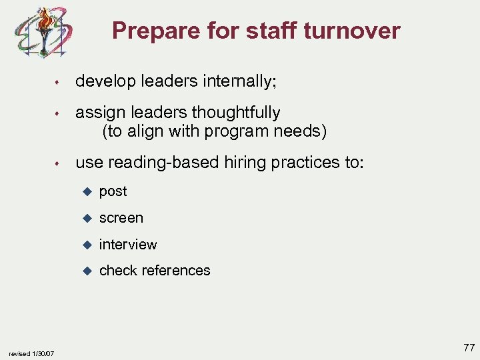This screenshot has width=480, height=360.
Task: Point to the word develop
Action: click(x=104, y=81)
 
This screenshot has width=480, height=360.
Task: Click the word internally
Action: click(x=240, y=81)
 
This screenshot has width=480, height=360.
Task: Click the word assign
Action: click(x=98, y=113)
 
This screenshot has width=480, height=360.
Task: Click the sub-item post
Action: click(x=113, y=191)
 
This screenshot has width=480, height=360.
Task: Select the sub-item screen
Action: click(x=121, y=218)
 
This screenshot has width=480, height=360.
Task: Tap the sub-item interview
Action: click(x=128, y=245)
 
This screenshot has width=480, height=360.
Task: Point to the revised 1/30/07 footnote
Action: click(x=33, y=353)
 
